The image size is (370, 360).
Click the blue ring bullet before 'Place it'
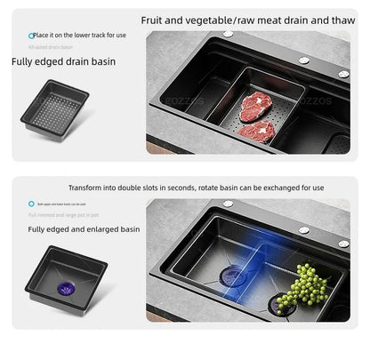click(x=31, y=36)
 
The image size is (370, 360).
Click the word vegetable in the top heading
click(x=213, y=19)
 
